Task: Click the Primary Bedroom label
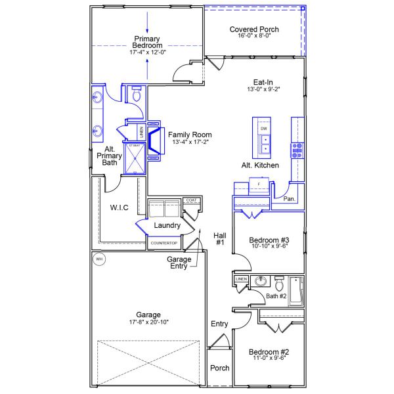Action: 148,41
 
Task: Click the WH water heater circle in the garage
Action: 100,259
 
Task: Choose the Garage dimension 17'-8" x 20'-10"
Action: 149,322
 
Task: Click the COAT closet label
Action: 191,200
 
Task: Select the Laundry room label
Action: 167,225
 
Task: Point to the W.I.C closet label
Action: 119,208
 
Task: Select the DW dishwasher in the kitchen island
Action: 264,129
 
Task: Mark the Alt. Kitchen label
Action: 260,165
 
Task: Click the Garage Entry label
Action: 178,263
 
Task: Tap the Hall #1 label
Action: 219,239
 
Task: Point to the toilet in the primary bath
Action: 137,95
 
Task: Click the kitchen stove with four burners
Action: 297,150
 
